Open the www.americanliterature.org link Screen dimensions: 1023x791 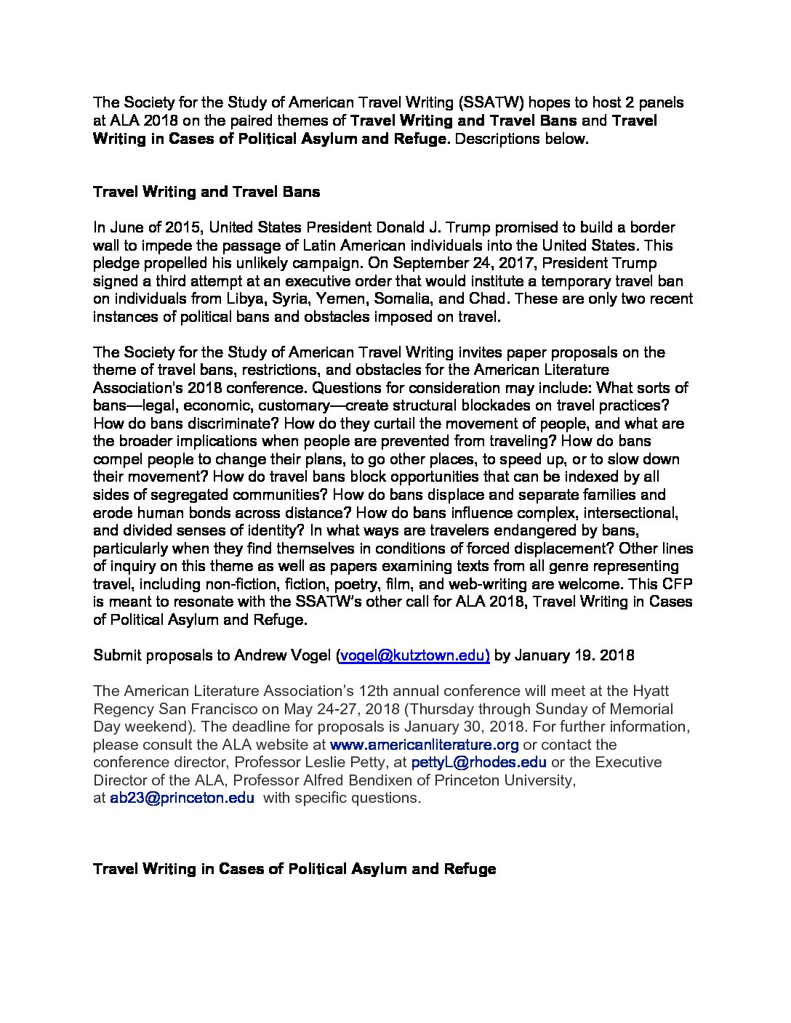(425, 745)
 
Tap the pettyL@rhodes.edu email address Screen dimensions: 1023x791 (478, 762)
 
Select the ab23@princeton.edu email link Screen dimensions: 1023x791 (182, 798)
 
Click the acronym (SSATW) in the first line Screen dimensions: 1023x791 (489, 103)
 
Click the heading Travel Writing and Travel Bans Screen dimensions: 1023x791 (206, 193)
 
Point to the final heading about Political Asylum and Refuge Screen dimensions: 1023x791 (294, 869)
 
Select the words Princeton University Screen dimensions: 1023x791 (504, 780)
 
